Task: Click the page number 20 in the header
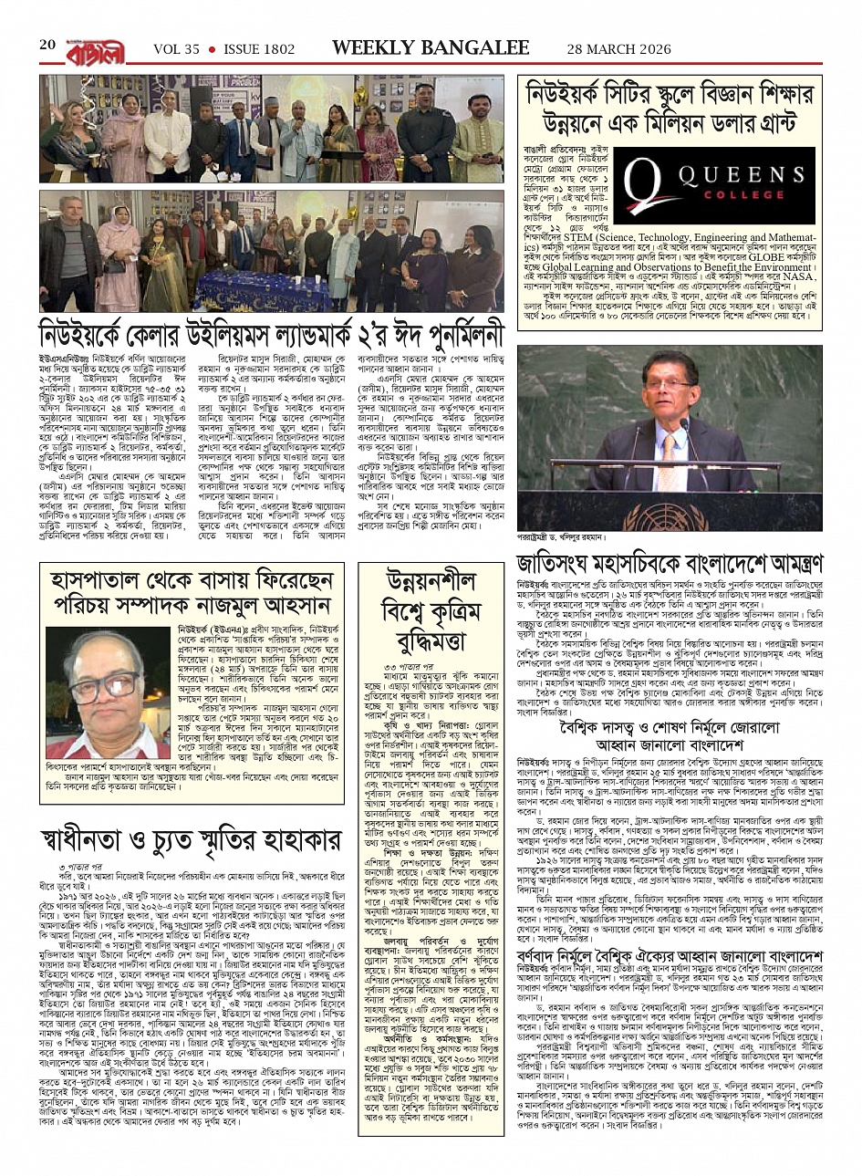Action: pos(47,46)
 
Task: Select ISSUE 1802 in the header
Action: pos(260,49)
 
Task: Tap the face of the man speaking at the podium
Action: pos(660,399)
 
